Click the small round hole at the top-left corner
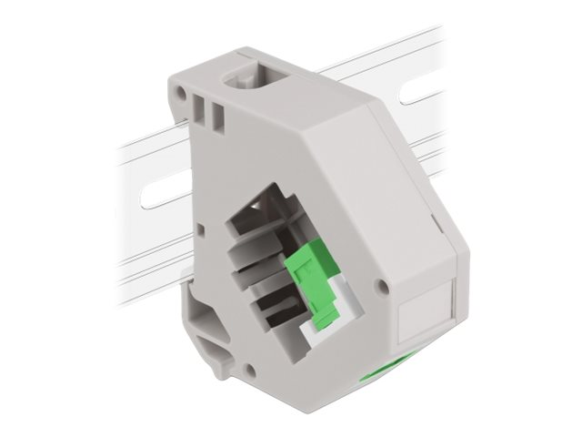(181, 93)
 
